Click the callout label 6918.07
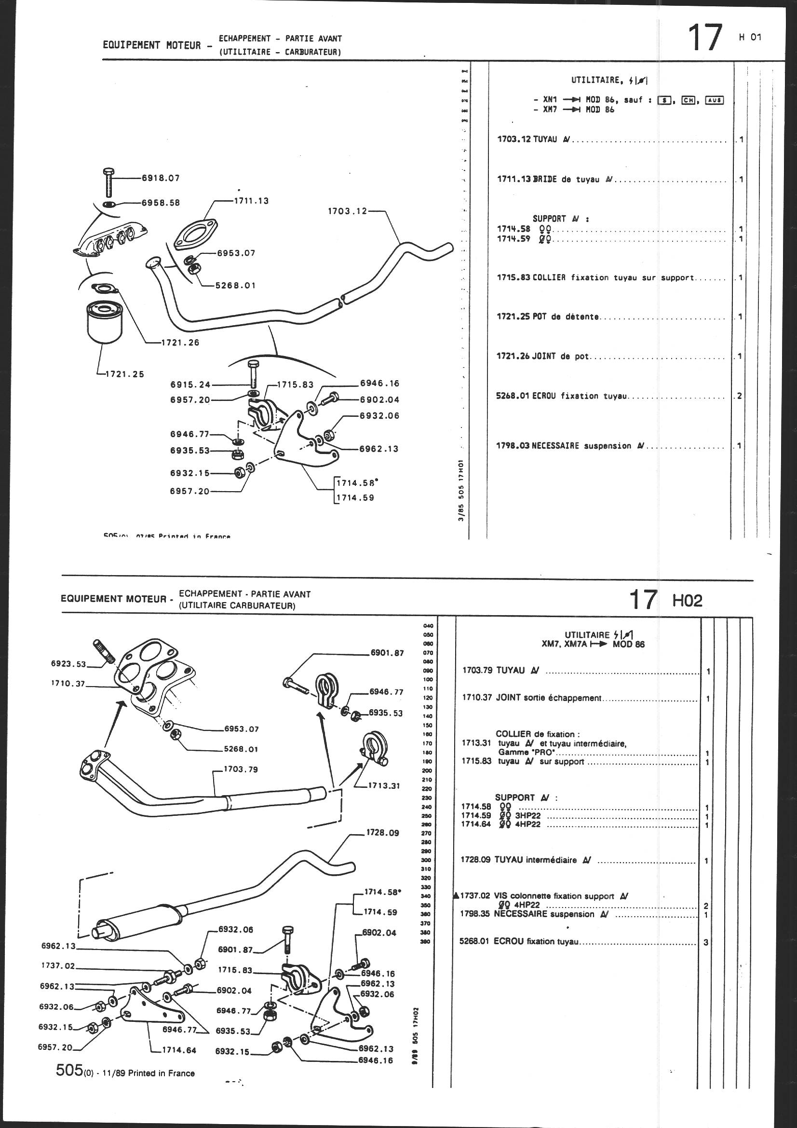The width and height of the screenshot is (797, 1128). (161, 178)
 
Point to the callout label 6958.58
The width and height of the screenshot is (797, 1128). (161, 203)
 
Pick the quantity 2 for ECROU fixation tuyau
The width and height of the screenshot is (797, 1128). (739, 396)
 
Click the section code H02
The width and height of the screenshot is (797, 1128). (687, 600)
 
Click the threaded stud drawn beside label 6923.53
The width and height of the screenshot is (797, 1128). (104, 650)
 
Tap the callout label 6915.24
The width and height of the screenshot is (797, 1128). (190, 385)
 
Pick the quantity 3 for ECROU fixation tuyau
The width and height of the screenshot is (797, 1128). (706, 943)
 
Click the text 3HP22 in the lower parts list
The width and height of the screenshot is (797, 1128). (527, 815)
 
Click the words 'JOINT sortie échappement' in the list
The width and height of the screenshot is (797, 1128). (549, 698)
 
